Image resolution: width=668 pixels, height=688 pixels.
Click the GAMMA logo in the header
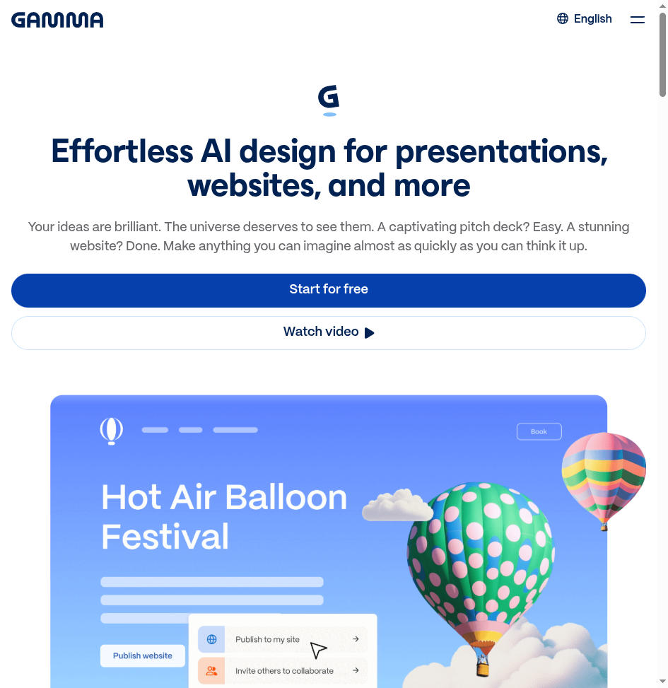tap(57, 21)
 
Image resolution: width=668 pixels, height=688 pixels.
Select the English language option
tap(592, 19)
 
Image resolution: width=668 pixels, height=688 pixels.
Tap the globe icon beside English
tap(562, 18)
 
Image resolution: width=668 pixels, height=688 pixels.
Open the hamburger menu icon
tap(638, 19)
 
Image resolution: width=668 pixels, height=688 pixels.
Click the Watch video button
tap(329, 333)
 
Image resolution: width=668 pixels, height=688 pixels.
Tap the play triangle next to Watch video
tap(369, 333)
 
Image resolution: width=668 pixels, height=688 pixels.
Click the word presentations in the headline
tap(501, 152)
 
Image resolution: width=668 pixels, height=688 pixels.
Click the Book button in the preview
tap(539, 432)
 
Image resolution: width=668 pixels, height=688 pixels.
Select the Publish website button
tap(143, 655)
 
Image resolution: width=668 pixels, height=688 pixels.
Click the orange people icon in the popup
tap(211, 671)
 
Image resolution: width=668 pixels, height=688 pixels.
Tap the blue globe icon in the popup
tap(211, 639)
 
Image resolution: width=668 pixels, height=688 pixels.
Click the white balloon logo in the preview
tap(112, 431)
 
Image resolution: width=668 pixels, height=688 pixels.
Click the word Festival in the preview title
tap(165, 536)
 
